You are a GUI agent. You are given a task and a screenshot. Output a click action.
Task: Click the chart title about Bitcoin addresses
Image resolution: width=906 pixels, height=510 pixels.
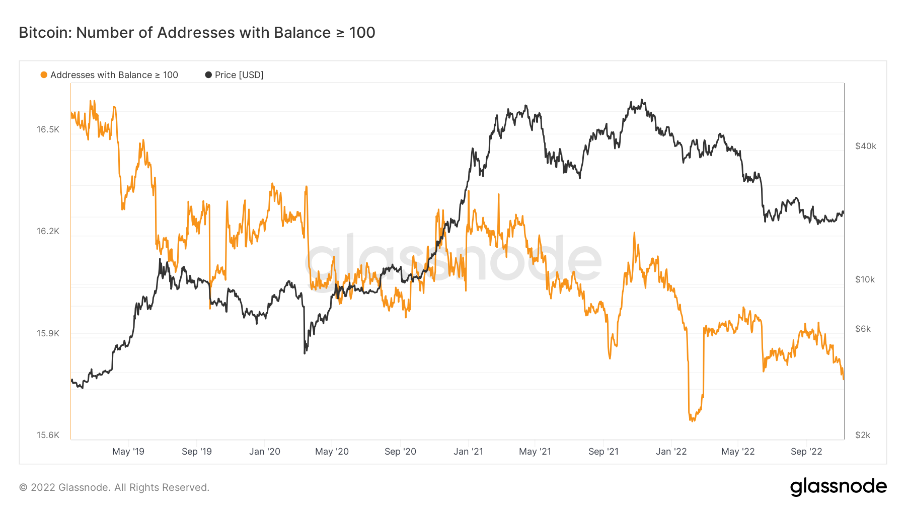coord(197,33)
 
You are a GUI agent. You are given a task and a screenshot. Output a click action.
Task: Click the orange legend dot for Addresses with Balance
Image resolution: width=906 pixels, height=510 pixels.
coord(44,75)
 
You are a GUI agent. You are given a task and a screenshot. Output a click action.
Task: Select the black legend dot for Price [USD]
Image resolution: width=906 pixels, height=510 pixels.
coord(208,75)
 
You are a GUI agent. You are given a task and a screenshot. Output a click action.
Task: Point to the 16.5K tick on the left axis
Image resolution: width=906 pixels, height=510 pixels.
coord(48,130)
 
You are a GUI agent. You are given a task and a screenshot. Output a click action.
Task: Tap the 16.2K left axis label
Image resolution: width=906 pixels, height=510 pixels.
coord(48,232)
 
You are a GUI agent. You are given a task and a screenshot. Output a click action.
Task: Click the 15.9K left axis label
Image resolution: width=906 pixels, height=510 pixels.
coord(48,334)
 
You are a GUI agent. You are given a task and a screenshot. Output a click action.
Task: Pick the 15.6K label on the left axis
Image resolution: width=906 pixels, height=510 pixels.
coord(48,435)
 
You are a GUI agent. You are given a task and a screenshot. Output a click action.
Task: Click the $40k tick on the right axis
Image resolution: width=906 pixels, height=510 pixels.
coord(865,147)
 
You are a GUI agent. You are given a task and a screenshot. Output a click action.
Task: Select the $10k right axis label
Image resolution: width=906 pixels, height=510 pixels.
coord(865,280)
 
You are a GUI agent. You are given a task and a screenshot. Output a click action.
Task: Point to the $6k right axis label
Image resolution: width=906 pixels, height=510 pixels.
coord(863,329)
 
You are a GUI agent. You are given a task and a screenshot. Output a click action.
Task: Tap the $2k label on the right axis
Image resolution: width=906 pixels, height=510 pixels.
coord(863,435)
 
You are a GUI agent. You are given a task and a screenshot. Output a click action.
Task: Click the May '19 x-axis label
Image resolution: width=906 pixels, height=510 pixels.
coord(128,452)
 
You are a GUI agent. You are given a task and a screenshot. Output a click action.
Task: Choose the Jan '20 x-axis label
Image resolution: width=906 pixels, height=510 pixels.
coord(265,452)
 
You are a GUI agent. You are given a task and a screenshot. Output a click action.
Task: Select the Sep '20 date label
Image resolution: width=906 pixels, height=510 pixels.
coord(400,452)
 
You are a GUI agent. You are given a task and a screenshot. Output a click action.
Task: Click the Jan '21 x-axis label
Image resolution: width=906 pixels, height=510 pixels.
coord(468,452)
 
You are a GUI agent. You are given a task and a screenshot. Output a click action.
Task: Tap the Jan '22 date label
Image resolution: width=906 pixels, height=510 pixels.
coord(671,452)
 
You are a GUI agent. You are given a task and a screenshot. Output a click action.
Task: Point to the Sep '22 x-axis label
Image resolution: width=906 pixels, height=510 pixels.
coord(806,452)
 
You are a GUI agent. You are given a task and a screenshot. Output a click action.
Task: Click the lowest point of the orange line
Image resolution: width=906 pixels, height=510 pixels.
coord(692,420)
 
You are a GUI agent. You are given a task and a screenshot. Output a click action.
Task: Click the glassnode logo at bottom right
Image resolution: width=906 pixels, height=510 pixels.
coord(838,487)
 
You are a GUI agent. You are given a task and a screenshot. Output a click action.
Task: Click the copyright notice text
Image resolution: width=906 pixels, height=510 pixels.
coord(114,487)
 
